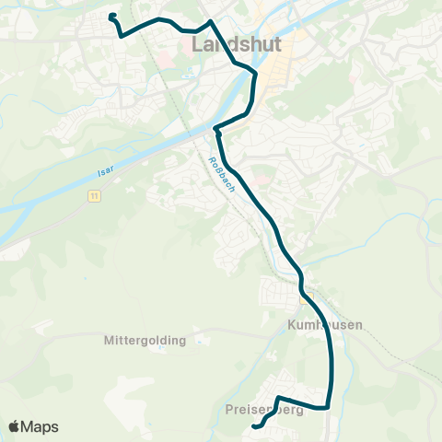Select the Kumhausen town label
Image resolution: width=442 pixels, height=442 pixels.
point(319,325)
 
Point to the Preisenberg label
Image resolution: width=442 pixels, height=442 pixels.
point(263,410)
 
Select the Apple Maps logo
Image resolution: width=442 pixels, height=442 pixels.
point(33,426)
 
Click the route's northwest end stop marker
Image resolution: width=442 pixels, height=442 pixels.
point(112,17)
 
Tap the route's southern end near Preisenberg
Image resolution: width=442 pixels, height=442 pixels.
point(255,425)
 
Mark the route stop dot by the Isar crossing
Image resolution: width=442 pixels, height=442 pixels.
point(217,129)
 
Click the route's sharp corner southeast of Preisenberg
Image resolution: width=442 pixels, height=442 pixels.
point(327,406)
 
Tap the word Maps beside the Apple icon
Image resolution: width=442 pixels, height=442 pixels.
point(41,426)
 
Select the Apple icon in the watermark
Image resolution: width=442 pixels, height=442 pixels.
point(15,426)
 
